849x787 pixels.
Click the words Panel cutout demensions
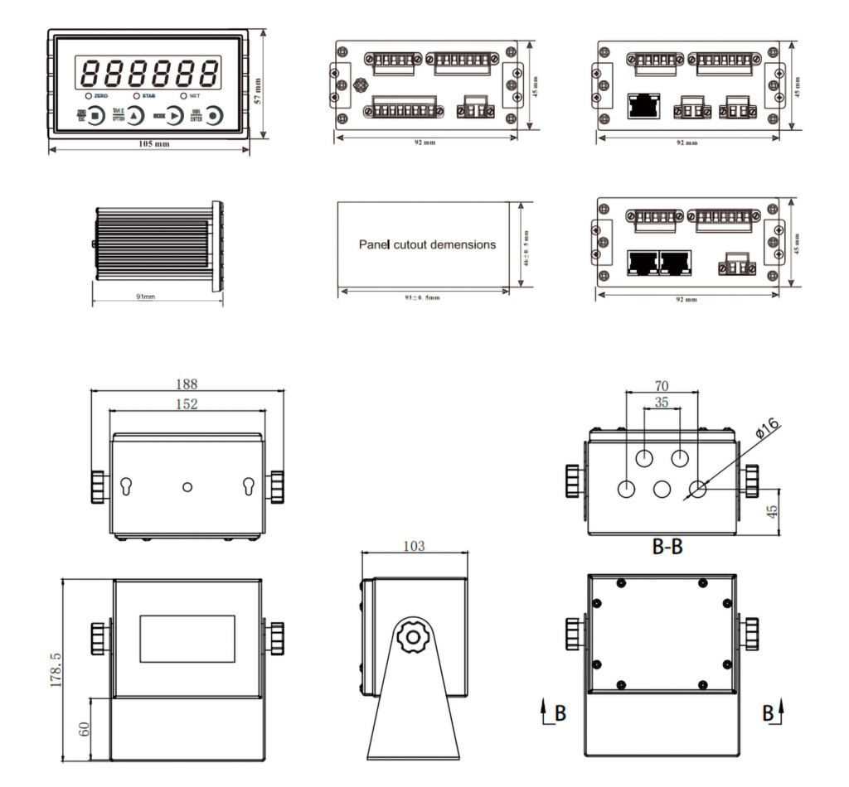[427, 244]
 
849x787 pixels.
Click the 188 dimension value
[187, 384]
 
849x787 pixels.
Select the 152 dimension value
[187, 404]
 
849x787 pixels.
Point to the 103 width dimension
[414, 546]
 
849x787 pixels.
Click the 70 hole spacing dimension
[662, 385]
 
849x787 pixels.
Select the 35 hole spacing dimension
[662, 403]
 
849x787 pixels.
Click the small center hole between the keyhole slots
[188, 485]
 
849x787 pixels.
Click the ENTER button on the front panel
[215, 116]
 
